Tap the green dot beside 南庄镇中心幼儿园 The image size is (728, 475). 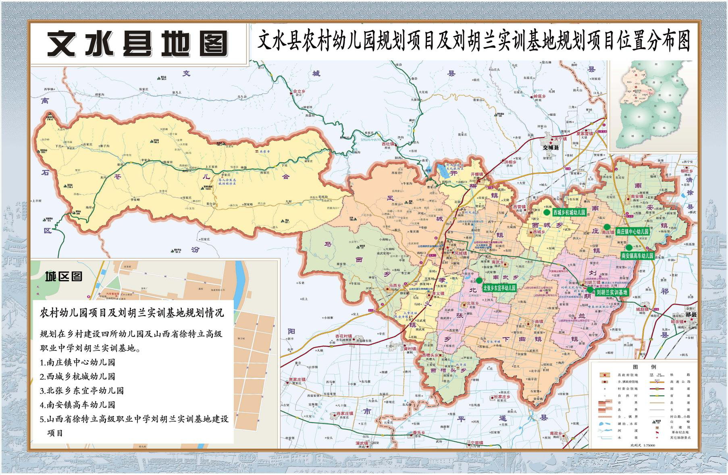coord(607,226)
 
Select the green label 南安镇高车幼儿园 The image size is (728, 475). coord(637,255)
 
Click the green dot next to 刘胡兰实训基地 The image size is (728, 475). coord(590,289)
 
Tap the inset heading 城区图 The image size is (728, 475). coord(63,276)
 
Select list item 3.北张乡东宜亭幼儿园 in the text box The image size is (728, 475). coord(82,390)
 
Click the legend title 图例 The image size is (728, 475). coord(645,367)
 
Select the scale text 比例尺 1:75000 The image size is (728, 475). coord(643,445)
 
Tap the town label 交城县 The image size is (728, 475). coord(551,148)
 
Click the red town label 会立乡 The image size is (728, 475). coord(299,91)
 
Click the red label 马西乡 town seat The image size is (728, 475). coord(394,286)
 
